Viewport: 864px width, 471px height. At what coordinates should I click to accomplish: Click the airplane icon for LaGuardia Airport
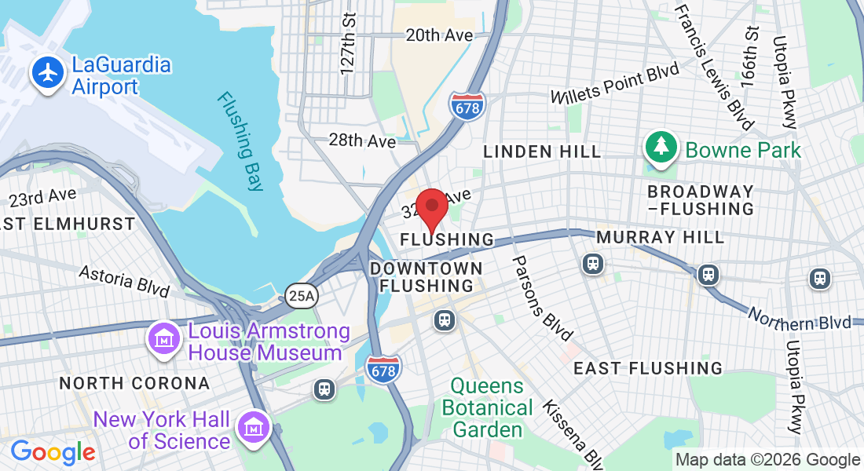[x=49, y=73]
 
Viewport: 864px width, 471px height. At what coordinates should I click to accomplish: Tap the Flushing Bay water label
[x=241, y=141]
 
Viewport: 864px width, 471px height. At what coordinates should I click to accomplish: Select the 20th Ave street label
[x=439, y=35]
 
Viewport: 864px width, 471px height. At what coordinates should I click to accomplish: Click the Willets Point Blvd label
[x=614, y=85]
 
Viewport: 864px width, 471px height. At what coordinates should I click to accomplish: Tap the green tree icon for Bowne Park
[x=661, y=147]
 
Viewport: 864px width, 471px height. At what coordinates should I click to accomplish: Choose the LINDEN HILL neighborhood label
[x=542, y=152]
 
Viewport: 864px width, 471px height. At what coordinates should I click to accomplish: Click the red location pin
[x=431, y=209]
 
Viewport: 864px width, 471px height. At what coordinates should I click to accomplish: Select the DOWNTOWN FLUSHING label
[x=427, y=276]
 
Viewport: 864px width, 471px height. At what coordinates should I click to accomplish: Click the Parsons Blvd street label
[x=542, y=298]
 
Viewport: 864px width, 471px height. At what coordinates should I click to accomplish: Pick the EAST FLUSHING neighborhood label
[x=648, y=368]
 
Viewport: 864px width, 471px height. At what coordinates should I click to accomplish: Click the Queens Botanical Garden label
[x=487, y=408]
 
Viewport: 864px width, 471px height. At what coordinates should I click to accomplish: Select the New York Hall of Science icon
[x=254, y=428]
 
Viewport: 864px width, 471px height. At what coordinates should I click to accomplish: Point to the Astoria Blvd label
[x=124, y=280]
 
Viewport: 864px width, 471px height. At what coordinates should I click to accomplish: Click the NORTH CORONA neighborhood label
[x=134, y=384]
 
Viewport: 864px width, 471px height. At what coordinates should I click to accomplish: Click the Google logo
[x=53, y=452]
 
